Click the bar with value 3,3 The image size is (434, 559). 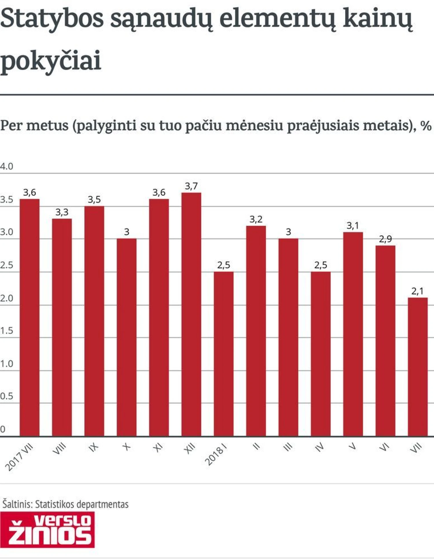pyautogui.click(x=62, y=327)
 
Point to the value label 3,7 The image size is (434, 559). pyautogui.click(x=191, y=186)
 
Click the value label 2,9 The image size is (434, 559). pyautogui.click(x=385, y=239)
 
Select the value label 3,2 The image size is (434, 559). pyautogui.click(x=256, y=219)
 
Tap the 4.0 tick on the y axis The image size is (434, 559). pyautogui.click(x=6, y=166)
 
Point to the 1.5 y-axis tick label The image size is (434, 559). pyautogui.click(x=6, y=331)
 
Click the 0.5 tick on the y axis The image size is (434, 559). pyautogui.click(x=6, y=396)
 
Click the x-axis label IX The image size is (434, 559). pyautogui.click(x=93, y=448)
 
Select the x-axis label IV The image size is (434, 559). pyautogui.click(x=319, y=448)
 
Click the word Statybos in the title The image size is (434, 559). pyautogui.click(x=52, y=19)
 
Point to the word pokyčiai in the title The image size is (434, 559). pyautogui.click(x=51, y=61)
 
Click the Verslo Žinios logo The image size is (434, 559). pyautogui.click(x=47, y=529)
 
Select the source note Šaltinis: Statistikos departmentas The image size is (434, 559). pyautogui.click(x=65, y=504)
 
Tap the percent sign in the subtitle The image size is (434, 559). pyautogui.click(x=426, y=126)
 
